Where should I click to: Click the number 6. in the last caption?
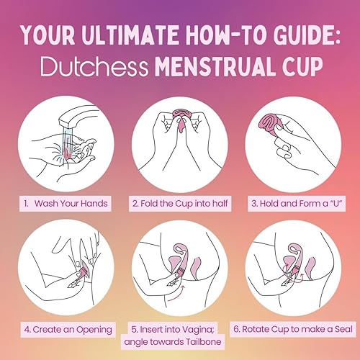coord(237,329)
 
